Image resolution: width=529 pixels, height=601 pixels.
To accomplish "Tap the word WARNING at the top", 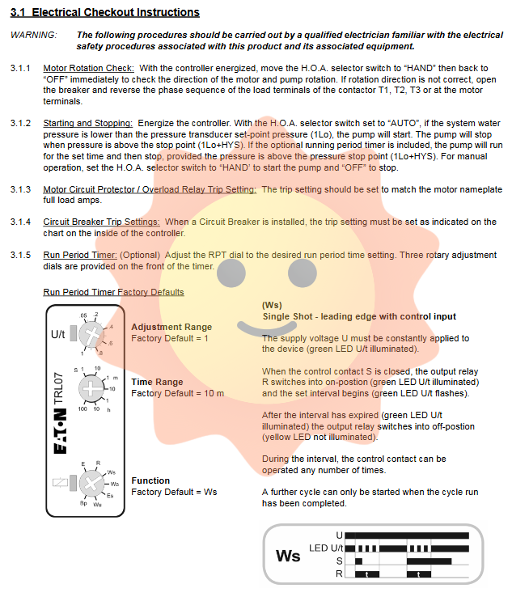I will [x=34, y=36].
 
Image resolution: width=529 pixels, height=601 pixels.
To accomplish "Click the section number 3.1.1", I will [x=21, y=69].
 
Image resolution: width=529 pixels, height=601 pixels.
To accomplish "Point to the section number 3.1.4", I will [x=21, y=222].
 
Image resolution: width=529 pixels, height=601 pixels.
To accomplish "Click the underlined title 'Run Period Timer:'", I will [x=79, y=255].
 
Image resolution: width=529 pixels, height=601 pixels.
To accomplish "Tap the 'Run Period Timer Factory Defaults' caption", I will [x=113, y=292].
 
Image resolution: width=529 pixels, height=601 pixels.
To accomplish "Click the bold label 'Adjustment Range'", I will [x=171, y=328].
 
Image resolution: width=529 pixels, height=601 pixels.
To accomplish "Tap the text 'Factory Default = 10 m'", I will [x=177, y=393].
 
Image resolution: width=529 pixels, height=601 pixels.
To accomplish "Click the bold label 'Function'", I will [x=150, y=480].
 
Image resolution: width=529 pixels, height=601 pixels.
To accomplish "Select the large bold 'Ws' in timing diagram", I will [x=288, y=557].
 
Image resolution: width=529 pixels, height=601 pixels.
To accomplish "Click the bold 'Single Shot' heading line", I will [x=358, y=316].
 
